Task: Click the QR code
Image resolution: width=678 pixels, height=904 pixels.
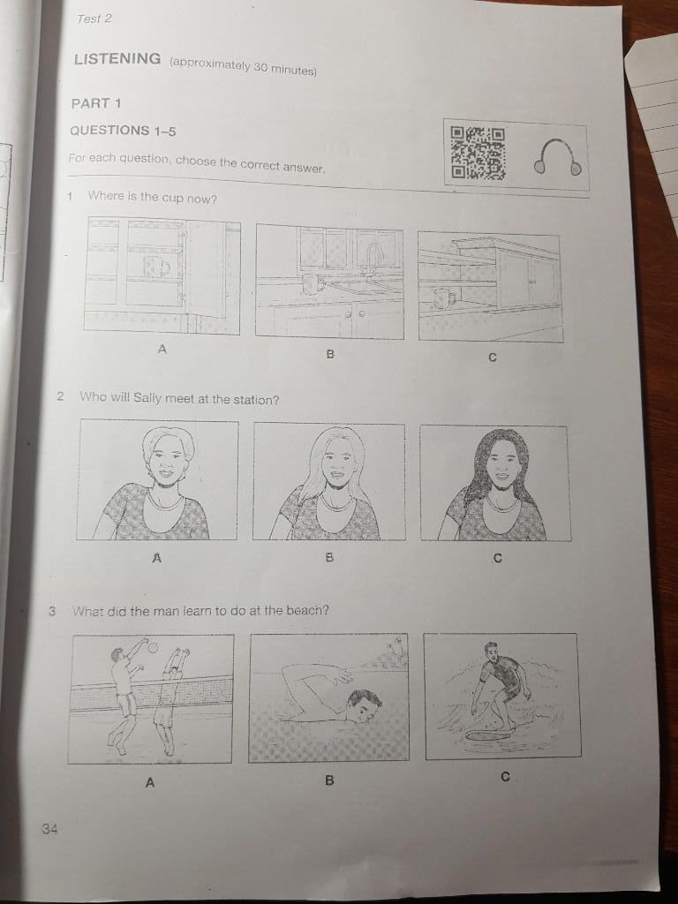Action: (x=478, y=153)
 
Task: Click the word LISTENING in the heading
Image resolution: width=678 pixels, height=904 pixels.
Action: (x=117, y=58)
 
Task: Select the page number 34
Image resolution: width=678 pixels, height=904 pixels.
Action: (x=49, y=829)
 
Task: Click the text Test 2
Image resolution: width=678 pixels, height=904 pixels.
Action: (x=94, y=19)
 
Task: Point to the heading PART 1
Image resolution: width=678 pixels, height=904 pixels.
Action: (x=96, y=104)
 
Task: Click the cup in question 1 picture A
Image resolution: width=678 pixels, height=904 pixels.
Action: (x=156, y=267)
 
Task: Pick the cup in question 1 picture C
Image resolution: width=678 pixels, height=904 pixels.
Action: (x=444, y=298)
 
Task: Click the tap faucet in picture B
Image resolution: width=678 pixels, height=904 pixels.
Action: (x=374, y=259)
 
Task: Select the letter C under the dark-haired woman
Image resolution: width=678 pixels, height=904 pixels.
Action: (x=498, y=558)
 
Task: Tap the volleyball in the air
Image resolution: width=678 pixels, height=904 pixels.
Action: (x=153, y=648)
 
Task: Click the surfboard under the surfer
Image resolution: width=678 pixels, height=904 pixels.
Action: (x=491, y=735)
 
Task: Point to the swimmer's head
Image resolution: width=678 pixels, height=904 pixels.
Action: (x=363, y=706)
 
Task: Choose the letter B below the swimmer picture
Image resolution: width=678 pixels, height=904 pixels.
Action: (x=329, y=780)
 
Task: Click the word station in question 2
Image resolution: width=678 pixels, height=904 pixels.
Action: (x=255, y=400)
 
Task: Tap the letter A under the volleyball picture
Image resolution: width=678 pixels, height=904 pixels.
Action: (x=150, y=782)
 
